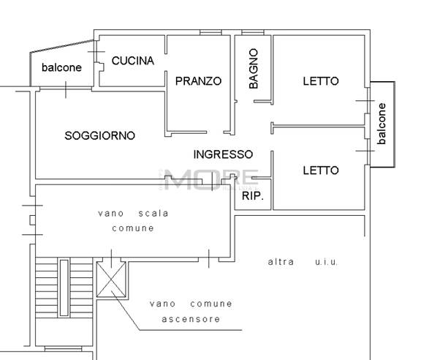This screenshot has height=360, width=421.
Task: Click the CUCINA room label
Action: [132, 61]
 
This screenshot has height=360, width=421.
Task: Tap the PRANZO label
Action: [197, 81]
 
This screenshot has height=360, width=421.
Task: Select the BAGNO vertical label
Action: [254, 68]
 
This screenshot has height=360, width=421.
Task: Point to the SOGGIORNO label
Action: [99, 135]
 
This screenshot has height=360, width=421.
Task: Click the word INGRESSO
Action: [223, 154]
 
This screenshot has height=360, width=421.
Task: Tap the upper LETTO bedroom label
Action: [320, 81]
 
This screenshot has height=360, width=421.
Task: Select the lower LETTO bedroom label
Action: [320, 170]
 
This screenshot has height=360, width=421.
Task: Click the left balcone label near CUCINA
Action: [61, 67]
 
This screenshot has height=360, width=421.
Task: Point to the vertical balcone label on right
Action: [382, 123]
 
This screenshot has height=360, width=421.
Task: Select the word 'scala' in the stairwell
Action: [153, 214]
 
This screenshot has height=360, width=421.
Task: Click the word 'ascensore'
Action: [191, 319]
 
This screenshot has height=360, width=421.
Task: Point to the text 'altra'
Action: [281, 261]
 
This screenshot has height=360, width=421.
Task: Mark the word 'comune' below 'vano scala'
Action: [133, 228]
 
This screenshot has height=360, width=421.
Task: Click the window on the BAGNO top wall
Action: [253, 33]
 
